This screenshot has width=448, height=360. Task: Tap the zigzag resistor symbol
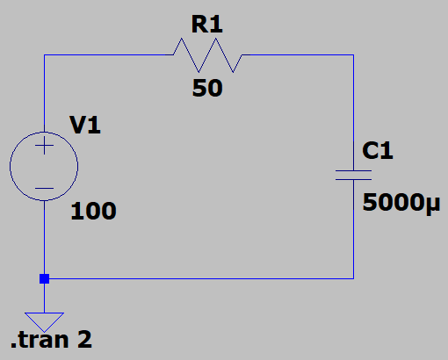(x=207, y=55)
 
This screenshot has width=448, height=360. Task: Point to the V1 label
(x=85, y=126)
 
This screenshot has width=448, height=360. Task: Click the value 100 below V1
(x=92, y=212)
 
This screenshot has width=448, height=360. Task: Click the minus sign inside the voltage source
(x=44, y=187)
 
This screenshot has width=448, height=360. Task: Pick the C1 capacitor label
(x=379, y=151)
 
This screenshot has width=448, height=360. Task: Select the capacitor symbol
(x=353, y=174)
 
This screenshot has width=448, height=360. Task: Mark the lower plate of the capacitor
(x=353, y=179)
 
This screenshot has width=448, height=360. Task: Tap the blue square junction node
(x=44, y=279)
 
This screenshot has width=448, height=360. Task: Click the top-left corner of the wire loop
(x=44, y=55)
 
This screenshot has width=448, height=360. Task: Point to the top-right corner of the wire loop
(x=353, y=55)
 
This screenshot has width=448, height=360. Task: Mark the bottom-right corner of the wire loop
(x=353, y=279)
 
